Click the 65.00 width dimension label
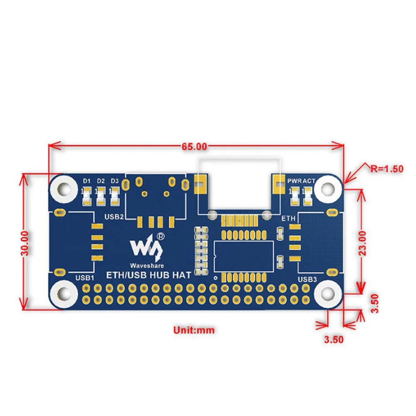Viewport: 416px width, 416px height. [194, 146]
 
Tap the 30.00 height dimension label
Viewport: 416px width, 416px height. [26, 243]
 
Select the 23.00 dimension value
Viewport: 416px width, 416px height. [363, 243]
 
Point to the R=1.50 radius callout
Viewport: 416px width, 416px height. [387, 168]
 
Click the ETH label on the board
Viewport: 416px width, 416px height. [288, 218]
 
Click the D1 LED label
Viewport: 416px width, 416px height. [87, 181]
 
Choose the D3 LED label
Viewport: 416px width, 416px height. [114, 181]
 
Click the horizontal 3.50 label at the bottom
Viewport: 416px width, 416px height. [334, 339]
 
